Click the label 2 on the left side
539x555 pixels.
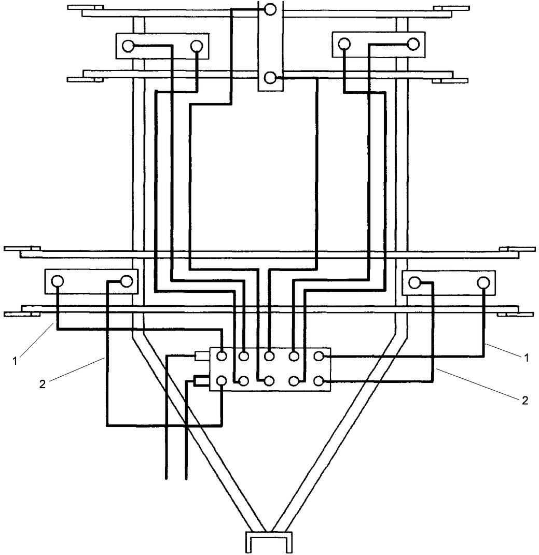[x=43, y=384]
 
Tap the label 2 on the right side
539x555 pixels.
[x=524, y=401]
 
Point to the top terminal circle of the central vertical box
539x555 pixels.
[x=270, y=9]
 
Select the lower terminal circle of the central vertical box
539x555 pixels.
[x=270, y=78]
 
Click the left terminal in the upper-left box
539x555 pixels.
[x=128, y=46]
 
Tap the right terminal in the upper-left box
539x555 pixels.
[x=197, y=46]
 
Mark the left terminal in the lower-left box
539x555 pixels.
[x=57, y=281]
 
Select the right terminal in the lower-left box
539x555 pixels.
[x=126, y=281]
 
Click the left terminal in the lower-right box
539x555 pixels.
[x=414, y=282]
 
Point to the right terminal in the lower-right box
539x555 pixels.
[x=483, y=282]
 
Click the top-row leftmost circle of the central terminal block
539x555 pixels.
[x=222, y=357]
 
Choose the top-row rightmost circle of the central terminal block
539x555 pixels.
[x=319, y=357]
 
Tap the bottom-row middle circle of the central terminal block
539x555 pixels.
[x=269, y=381]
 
